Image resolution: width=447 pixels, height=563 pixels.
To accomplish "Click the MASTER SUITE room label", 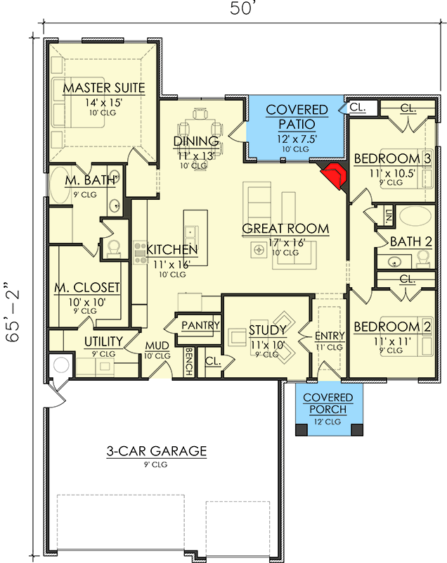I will pos(103,88).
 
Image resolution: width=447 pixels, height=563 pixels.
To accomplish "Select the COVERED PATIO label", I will pos(297,117).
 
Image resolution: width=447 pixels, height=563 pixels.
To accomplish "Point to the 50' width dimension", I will pos(239,9).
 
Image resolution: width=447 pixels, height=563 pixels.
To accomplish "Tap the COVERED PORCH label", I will pos(328,404).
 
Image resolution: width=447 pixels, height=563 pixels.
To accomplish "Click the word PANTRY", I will pos(201,326).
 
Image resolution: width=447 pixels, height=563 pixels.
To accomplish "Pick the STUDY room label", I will pos(267,330).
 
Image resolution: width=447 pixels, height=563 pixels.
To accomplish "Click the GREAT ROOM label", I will pos(285,229).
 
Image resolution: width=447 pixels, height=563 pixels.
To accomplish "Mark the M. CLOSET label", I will pos(87,288).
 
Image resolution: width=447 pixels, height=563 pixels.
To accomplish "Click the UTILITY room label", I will pos(104,342).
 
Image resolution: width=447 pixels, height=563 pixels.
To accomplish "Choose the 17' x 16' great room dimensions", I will pos(285,243).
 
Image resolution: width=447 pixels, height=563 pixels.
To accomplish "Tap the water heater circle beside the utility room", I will pos(59,366).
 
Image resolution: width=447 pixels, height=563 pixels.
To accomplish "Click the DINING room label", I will pos(196,141).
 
